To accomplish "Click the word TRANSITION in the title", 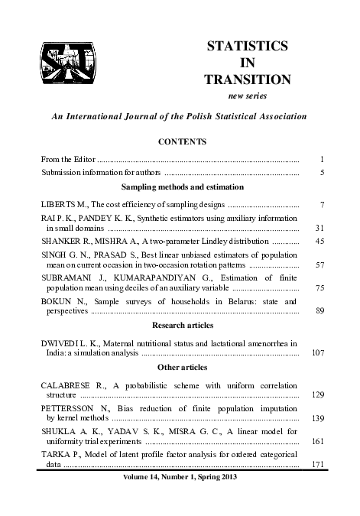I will pyautogui.click(x=248, y=79).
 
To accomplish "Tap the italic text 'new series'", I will pyautogui.click(x=248, y=96).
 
